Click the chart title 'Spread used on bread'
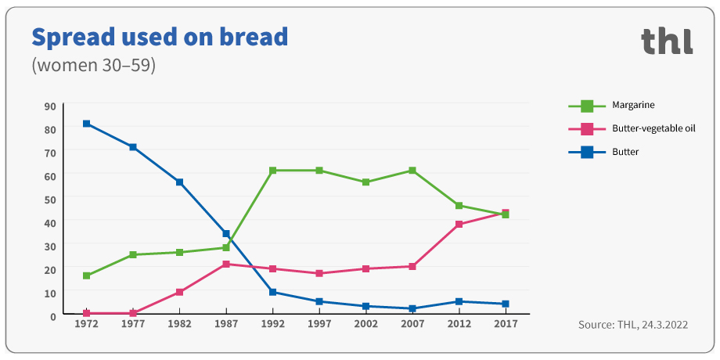pos(160,36)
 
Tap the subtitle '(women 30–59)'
pos(94,65)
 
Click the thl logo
pos(667,41)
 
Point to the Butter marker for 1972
pos(86,124)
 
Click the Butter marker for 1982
pos(179,182)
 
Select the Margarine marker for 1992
pos(272,171)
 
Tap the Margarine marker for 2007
pos(412,171)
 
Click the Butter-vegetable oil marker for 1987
pos(226,265)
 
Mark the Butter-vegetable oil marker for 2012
pos(459,225)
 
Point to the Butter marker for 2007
pos(412,309)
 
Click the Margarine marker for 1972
pos(86,276)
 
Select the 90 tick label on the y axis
pos(50,106)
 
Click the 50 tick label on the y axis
pos(50,200)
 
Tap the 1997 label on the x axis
pos(319,324)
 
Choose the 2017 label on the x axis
pos(506,324)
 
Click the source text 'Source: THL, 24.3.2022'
pos(632,324)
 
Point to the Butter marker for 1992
pos(272,293)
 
